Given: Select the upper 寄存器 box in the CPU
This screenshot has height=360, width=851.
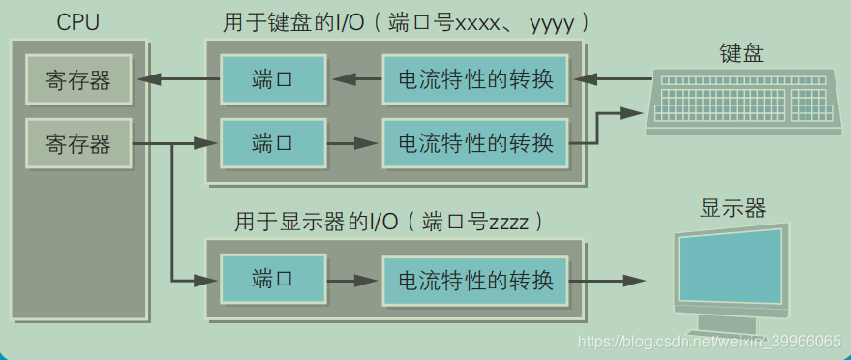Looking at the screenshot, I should (x=77, y=80).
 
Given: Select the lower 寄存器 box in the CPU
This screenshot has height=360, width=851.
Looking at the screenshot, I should (x=77, y=144).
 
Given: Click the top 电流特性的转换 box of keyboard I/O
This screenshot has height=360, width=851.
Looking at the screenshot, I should (x=475, y=80).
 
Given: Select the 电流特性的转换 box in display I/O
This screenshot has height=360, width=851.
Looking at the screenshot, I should (x=475, y=280).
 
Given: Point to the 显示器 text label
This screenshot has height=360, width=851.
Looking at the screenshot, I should (x=733, y=208).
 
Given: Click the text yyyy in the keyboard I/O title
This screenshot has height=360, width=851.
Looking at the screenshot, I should (x=553, y=21).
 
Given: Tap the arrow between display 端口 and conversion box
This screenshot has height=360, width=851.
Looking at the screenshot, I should (x=350, y=280).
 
